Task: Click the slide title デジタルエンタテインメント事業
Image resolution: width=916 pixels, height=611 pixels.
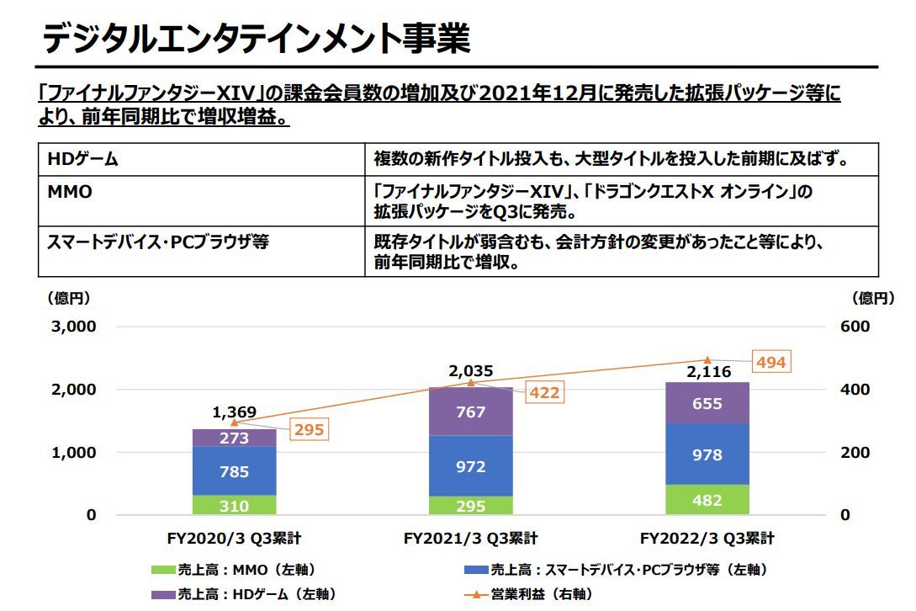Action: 256,39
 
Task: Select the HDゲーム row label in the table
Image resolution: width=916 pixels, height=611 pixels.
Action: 83,158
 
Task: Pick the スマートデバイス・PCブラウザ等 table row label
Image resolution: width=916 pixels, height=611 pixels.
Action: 158,242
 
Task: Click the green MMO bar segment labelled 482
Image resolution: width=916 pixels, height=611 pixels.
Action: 707,500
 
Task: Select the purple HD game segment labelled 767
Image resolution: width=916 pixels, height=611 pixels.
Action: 470,412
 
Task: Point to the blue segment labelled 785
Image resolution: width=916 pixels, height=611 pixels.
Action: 235,471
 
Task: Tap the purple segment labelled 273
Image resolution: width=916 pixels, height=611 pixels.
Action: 235,438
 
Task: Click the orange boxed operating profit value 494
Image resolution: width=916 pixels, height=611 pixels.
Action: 770,363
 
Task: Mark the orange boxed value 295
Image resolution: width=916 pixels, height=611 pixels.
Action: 307,430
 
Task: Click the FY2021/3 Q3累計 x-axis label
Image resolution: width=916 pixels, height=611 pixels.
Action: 470,539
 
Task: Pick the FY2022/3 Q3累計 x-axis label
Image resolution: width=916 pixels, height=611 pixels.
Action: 707,539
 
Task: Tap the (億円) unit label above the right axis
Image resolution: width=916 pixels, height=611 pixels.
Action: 876,297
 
